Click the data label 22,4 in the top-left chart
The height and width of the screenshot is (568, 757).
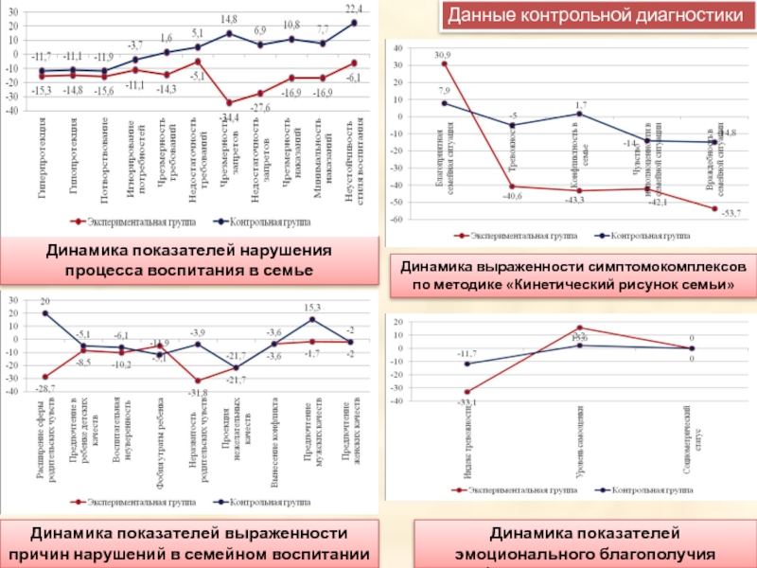tap(354, 7)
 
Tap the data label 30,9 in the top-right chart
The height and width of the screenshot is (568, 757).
tap(443, 55)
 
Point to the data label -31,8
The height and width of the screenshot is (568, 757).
tap(198, 392)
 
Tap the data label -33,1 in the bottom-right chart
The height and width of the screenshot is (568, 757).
tap(466, 401)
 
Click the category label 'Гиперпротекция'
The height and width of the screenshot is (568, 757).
tap(44, 157)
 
